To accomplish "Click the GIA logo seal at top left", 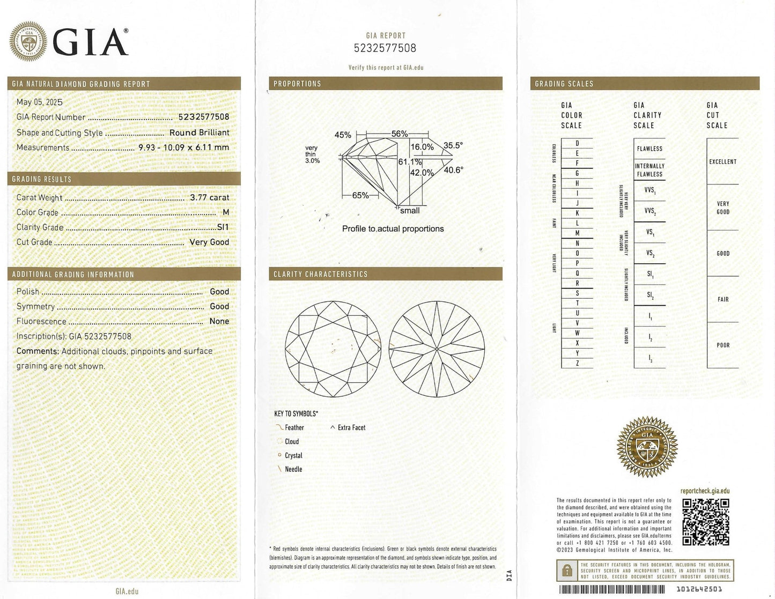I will pos(28,41).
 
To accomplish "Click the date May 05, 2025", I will pos(39,102).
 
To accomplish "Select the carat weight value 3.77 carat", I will pos(209,197).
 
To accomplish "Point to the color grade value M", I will pos(226,212).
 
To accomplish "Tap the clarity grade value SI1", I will pos(223,227).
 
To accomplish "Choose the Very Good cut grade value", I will pos(209,242).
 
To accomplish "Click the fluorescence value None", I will pos(219,321).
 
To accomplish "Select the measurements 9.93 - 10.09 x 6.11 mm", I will pos(183,147).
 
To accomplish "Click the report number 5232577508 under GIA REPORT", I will pos(385,48).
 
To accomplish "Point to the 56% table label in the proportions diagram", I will pos(399,134).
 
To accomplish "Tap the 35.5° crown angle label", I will pos(453,145).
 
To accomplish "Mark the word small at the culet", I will pos(410,211).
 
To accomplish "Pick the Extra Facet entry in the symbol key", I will pos(351,427).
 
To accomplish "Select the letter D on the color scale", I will pos(577,143).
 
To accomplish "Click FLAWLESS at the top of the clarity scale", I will pos(649,149).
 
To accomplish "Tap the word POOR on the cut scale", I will pos(723,345).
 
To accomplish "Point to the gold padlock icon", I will pos(567,572).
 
